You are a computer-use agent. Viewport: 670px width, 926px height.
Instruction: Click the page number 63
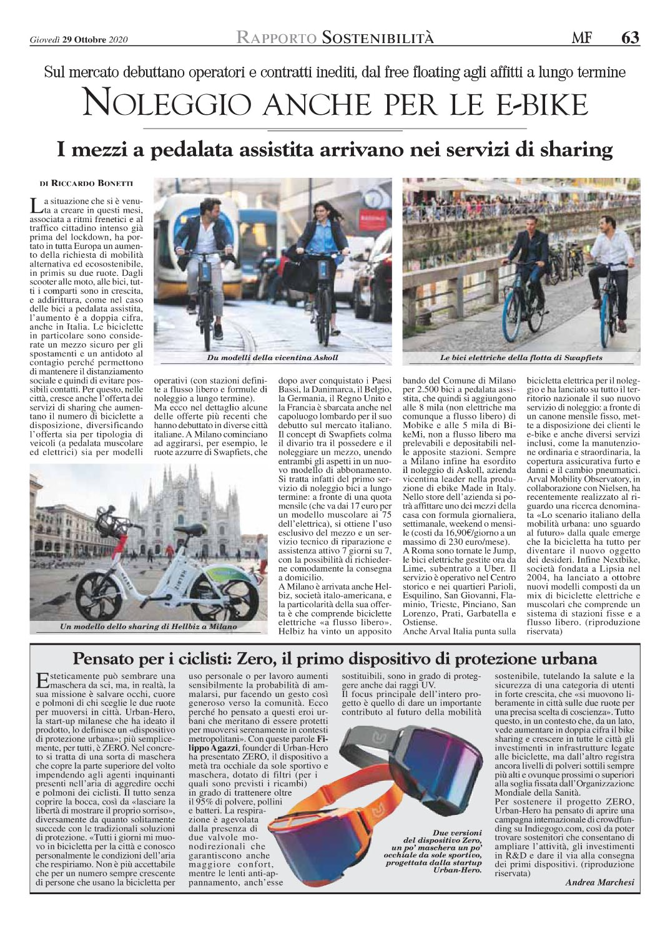tap(630, 38)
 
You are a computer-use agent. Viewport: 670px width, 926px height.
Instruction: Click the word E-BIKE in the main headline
tap(538, 104)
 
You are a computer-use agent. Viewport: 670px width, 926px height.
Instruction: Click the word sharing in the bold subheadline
tap(570, 150)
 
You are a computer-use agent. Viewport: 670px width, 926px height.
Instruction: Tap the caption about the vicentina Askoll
tap(272, 358)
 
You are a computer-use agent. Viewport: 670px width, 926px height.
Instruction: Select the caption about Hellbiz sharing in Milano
tap(148, 626)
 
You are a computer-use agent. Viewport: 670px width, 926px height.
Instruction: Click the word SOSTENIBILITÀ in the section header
tap(378, 38)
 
